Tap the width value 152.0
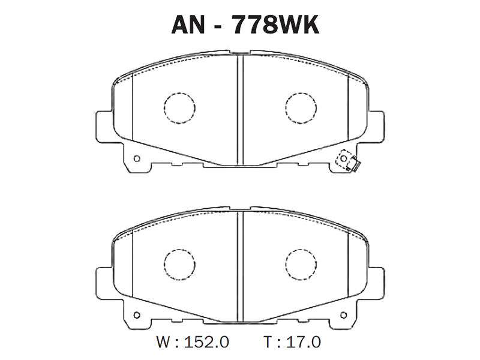click(206, 341)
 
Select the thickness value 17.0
click(304, 341)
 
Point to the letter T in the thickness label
click(268, 341)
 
